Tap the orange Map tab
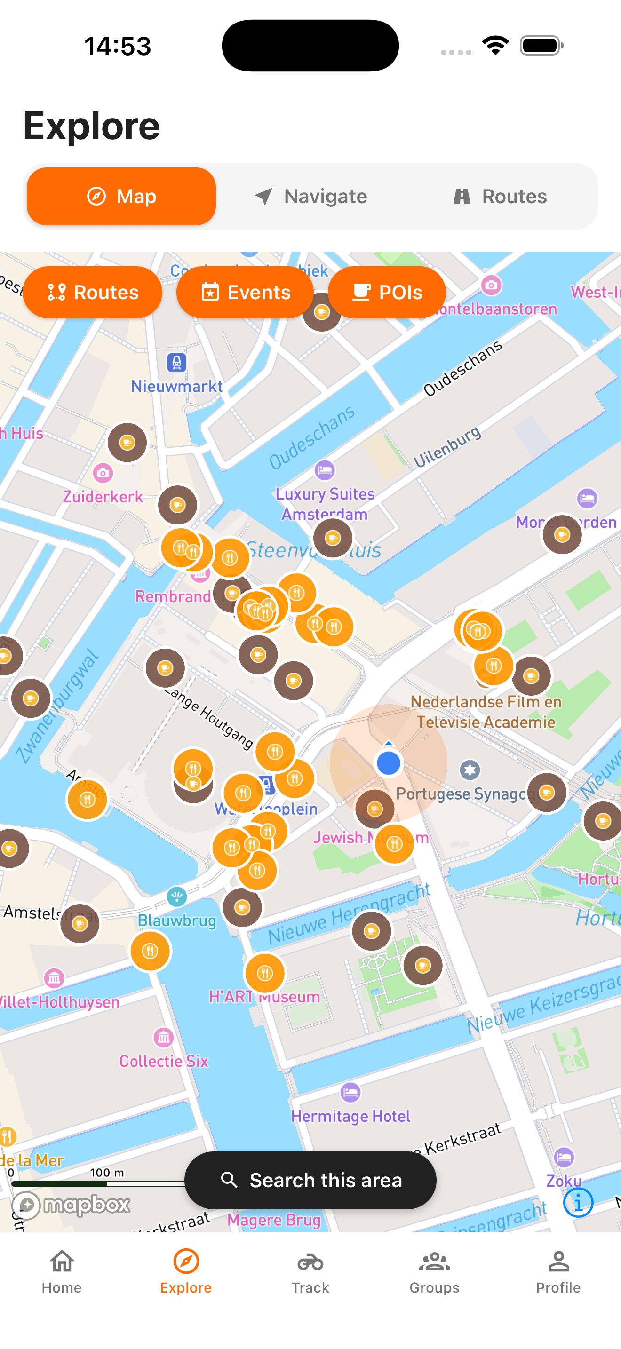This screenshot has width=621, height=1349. pyautogui.click(x=121, y=197)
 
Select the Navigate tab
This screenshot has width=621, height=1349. pyautogui.click(x=311, y=197)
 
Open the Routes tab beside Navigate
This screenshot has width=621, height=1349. pyautogui.click(x=500, y=197)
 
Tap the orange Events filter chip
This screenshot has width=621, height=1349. pyautogui.click(x=245, y=292)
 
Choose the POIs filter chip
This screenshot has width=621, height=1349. pyautogui.click(x=387, y=292)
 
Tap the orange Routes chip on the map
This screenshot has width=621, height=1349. pyautogui.click(x=93, y=292)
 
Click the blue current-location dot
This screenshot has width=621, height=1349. pyautogui.click(x=389, y=763)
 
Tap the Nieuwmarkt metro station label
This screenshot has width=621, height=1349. pyautogui.click(x=177, y=386)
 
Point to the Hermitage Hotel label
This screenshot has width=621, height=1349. pyautogui.click(x=350, y=1116)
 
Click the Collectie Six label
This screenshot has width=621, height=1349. pyautogui.click(x=164, y=1061)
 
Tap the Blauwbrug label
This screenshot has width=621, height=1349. pyautogui.click(x=177, y=920)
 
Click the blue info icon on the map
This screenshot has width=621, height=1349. pyautogui.click(x=578, y=1202)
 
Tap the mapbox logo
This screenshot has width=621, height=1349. pyautogui.click(x=72, y=1205)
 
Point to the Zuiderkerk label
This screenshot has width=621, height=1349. pyautogui.click(x=103, y=496)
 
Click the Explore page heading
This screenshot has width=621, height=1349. pyautogui.click(x=92, y=126)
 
